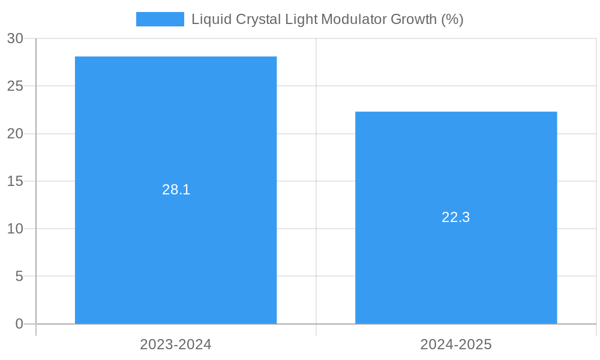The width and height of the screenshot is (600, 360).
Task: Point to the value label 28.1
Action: coord(176,190)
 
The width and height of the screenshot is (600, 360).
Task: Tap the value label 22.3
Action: coord(456,217)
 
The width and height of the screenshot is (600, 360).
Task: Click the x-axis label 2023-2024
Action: coord(176,344)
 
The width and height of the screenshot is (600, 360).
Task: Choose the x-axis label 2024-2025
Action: coord(456,344)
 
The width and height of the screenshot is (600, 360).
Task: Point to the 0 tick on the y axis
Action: coord(19,324)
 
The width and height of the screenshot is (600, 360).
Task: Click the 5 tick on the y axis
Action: coord(19,277)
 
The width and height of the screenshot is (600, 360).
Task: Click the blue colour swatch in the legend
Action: coord(160,19)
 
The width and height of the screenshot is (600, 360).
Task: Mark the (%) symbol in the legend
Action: coord(452,19)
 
